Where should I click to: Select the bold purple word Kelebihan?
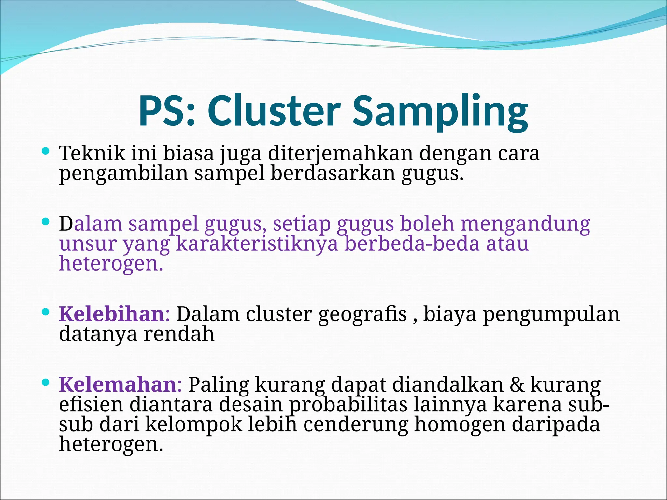[111, 314]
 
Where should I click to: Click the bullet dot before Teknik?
[46, 151]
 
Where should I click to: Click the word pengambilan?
[123, 174]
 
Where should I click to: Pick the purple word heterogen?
[110, 264]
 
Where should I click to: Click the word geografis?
[362, 315]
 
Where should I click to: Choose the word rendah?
[179, 334]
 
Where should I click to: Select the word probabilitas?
[348, 405]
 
